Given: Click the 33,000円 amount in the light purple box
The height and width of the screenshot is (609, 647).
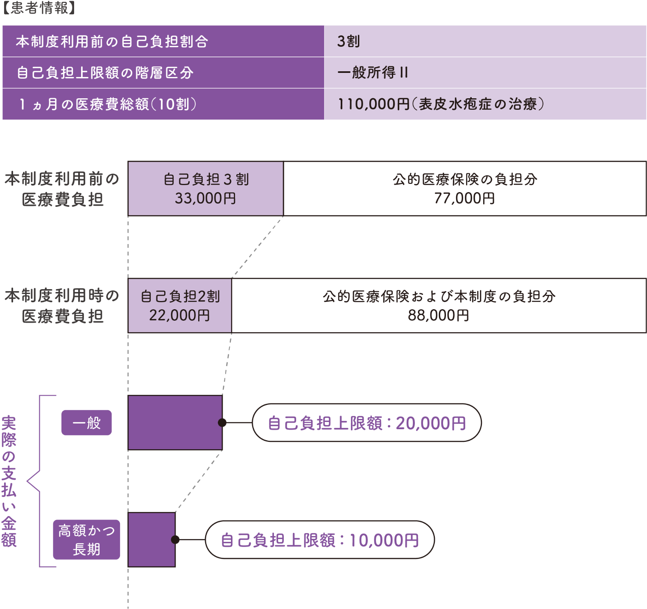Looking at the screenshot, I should [205, 198].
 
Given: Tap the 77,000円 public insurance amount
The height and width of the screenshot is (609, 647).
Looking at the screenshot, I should [464, 198].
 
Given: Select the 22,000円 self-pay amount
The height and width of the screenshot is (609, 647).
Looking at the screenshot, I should [180, 315].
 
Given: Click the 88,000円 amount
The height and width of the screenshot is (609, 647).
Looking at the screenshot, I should [438, 315].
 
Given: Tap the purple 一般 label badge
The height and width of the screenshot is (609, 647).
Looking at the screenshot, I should [86, 423].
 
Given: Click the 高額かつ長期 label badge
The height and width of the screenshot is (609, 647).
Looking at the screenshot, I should [86, 540].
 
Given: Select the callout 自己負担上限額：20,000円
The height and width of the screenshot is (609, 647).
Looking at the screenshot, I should [366, 423].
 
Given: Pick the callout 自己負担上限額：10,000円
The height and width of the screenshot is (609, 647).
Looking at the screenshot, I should [319, 540].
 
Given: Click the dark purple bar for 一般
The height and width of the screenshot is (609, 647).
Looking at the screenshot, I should [174, 423].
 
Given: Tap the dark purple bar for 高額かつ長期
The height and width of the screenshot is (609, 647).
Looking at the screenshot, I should [151, 540].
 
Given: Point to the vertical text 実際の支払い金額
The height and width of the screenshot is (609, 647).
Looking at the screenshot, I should [9, 481].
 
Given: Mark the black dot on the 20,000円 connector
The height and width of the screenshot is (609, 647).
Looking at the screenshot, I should [222, 423].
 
